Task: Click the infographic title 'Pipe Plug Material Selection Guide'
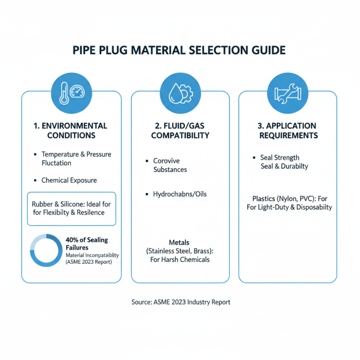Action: click(180, 49)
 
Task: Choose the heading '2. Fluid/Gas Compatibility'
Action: click(180, 130)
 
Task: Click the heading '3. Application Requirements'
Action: click(288, 130)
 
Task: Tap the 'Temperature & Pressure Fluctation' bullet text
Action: click(76, 158)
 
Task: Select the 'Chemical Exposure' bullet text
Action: click(69, 180)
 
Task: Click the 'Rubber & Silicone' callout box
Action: click(72, 208)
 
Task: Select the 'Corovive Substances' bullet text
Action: click(170, 165)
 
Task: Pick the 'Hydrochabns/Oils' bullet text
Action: click(180, 194)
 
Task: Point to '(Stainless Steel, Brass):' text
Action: click(180, 251)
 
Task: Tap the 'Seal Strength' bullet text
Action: click(279, 157)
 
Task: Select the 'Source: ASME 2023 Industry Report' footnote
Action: click(181, 302)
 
